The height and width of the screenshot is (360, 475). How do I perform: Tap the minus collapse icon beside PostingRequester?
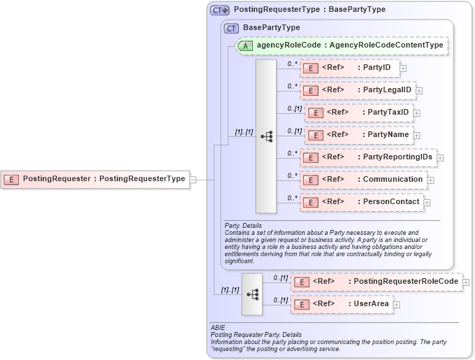(x=193, y=179)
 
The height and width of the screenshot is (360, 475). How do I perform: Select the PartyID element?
(x=349, y=67)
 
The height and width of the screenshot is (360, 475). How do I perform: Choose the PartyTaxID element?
(x=358, y=112)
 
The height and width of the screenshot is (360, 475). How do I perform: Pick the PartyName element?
(x=358, y=134)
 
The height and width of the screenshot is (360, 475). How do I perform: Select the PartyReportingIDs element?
(x=368, y=157)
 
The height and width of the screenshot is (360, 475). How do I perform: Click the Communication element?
(x=363, y=180)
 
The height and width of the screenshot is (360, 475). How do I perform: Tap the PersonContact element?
(x=361, y=202)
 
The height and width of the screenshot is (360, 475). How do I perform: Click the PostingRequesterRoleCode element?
(x=377, y=282)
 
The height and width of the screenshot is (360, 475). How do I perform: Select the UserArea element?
(x=342, y=304)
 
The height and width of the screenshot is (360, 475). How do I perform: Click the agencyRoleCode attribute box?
(x=342, y=45)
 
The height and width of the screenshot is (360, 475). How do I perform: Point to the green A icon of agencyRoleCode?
(x=245, y=45)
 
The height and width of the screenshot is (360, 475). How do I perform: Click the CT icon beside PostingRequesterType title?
(x=220, y=10)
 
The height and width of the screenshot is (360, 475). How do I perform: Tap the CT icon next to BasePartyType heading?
(x=231, y=28)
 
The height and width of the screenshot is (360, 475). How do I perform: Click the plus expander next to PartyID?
(x=403, y=68)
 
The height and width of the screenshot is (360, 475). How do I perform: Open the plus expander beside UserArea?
(x=396, y=304)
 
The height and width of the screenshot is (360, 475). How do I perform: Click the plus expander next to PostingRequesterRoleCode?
(x=466, y=282)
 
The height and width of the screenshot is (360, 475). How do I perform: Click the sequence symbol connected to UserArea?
(x=252, y=294)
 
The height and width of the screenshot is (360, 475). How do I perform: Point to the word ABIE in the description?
(x=218, y=327)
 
